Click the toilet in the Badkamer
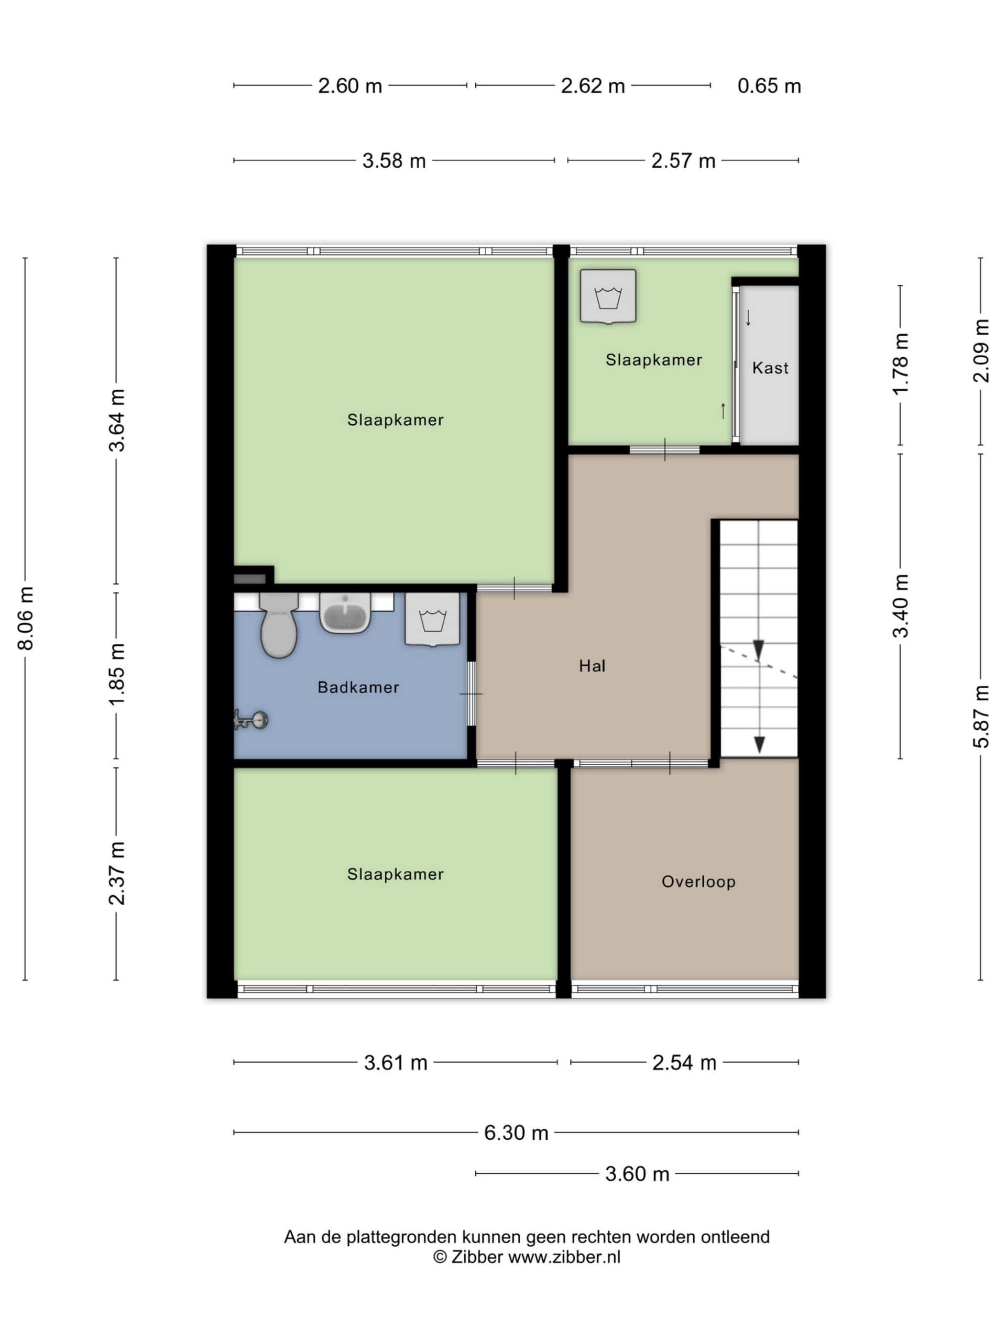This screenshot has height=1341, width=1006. tap(278, 624)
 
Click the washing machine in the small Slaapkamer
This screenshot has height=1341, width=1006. tap(608, 296)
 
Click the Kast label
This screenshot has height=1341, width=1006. tap(770, 368)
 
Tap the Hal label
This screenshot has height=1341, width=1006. tap(592, 666)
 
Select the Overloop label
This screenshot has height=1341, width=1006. tap(698, 882)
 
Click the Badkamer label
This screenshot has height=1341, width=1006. tap(358, 687)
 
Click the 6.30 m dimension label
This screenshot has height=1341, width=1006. tap(516, 1133)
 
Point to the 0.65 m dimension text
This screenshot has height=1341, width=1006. tap(769, 86)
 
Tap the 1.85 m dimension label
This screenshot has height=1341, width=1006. tap(116, 674)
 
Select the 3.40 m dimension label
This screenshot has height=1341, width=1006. tap(901, 606)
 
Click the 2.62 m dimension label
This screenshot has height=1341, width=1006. tap(593, 86)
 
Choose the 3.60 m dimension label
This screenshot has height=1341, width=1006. tap(637, 1174)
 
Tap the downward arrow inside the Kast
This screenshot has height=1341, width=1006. tap(748, 317)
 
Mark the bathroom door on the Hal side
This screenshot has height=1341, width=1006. tap(472, 694)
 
